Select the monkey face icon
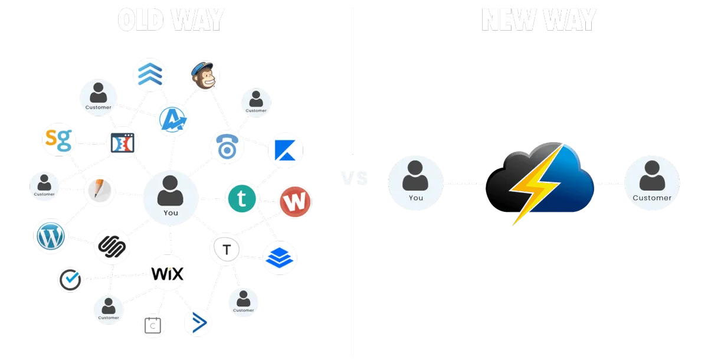pos(205,76)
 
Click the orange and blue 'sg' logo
pos(60,140)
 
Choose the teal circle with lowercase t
pos(242,199)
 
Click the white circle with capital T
pos(227,250)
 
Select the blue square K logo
pos(286,150)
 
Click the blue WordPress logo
pos(50,236)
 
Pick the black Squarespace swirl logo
pos(112,246)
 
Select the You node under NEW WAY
pos(416,183)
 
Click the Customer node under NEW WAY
pos(651,183)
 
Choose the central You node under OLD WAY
pos(170,198)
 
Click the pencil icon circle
pos(99,191)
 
